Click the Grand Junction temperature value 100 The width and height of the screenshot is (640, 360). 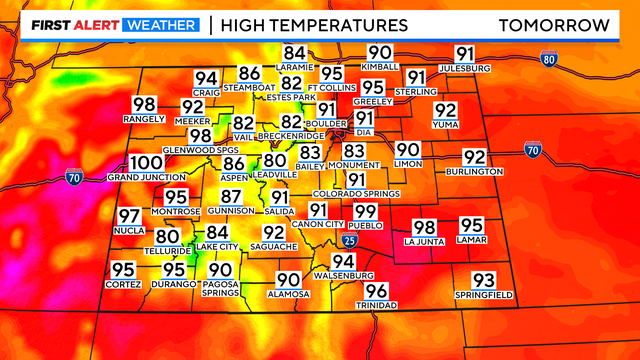pos(147,163)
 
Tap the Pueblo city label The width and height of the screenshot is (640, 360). pos(366,225)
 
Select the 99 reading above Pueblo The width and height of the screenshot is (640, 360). pos(366,211)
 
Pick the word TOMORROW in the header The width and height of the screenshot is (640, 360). pos(554,23)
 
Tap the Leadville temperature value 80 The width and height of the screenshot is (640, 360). pos(275,160)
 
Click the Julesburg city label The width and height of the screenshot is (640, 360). pos(465,69)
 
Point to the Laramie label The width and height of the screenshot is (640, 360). pos(294,68)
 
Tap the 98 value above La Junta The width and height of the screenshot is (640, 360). pos(425,227)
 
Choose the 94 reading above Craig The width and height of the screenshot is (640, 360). pos(206,79)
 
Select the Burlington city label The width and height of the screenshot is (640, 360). pos(474,172)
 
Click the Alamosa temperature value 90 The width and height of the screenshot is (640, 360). pos(288,280)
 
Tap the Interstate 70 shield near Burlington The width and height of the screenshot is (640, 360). pos(531,150)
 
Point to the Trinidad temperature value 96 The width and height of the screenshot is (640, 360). pos(376,291)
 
